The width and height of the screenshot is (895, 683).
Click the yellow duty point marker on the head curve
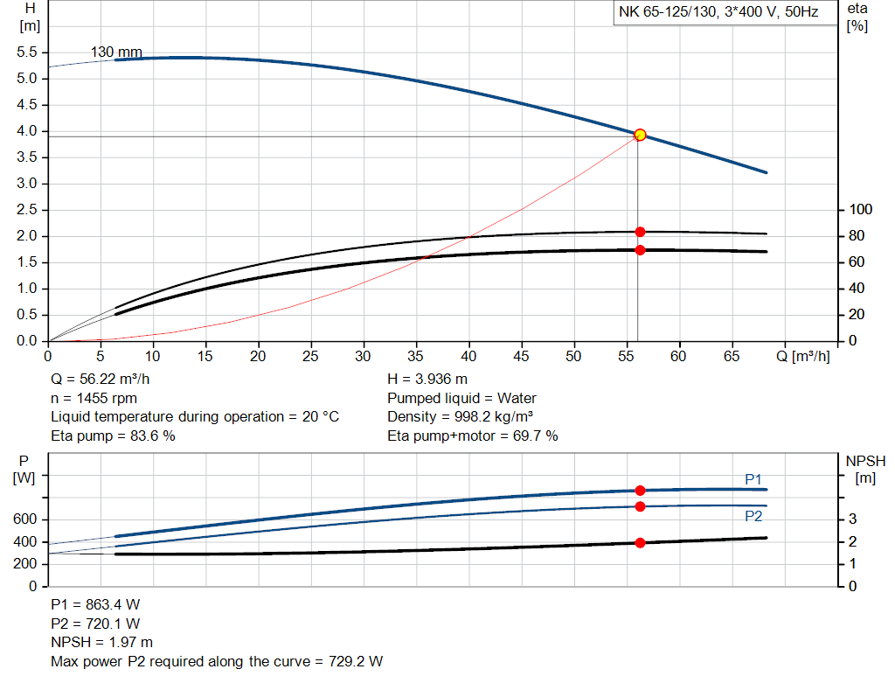click(x=640, y=135)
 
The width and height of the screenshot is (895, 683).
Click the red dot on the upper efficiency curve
click(x=640, y=232)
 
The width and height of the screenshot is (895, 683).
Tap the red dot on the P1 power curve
click(x=640, y=491)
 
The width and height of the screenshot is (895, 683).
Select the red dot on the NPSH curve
click(x=640, y=543)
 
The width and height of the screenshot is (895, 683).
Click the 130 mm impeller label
click(x=116, y=52)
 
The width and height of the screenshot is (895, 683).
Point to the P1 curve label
click(x=753, y=479)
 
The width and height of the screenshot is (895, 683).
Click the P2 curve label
click(x=753, y=516)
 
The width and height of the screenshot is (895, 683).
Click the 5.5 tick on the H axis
click(x=26, y=52)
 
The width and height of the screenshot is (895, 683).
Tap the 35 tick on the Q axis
click(x=416, y=356)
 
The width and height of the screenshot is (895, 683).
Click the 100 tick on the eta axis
click(x=861, y=210)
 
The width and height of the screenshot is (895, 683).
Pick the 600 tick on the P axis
click(x=26, y=519)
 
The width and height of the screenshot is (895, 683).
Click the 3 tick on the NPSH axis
click(x=851, y=519)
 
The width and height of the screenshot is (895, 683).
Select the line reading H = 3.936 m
click(x=427, y=380)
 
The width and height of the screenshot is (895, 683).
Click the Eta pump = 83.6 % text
click(x=113, y=436)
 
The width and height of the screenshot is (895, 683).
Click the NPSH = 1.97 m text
click(x=102, y=643)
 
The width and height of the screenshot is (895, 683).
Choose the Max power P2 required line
click(x=217, y=661)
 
